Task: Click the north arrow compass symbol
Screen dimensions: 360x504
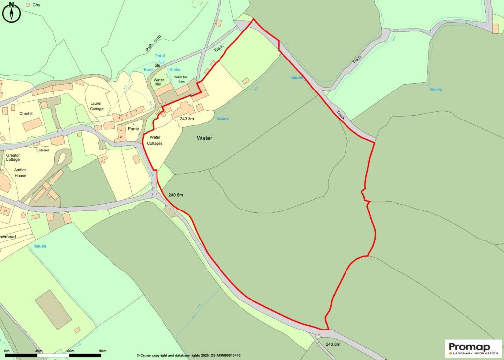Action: (x=11, y=12)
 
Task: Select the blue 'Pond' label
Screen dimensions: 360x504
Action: (x=160, y=56)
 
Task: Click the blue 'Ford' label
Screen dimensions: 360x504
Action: (x=148, y=70)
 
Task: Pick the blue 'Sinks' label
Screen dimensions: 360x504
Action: (x=175, y=70)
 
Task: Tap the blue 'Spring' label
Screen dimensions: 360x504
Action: (x=436, y=90)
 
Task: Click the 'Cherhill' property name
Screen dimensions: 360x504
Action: (x=26, y=113)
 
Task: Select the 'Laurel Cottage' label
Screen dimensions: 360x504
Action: (x=97, y=106)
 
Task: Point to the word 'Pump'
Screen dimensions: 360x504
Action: (x=134, y=128)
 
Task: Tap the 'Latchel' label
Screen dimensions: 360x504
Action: (x=43, y=150)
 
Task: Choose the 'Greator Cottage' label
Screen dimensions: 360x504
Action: (x=13, y=157)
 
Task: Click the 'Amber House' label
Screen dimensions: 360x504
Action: (x=20, y=173)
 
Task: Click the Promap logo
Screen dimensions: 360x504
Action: (x=473, y=348)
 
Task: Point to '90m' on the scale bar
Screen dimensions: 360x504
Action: (x=103, y=351)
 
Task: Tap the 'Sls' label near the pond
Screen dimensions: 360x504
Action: (x=157, y=65)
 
